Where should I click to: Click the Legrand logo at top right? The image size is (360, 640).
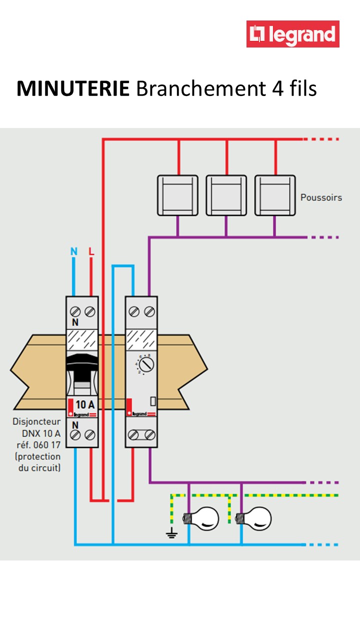click(x=292, y=34)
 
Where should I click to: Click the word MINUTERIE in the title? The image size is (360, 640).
click(x=73, y=89)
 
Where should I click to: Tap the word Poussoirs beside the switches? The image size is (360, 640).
click(x=321, y=197)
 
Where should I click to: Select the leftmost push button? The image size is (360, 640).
click(x=177, y=195)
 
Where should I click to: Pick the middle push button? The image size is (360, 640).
click(x=226, y=195)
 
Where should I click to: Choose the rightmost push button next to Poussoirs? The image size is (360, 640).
click(x=274, y=195)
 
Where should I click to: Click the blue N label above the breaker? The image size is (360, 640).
click(x=74, y=251)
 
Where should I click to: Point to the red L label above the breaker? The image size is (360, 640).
click(x=91, y=251)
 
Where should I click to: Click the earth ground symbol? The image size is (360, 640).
click(x=171, y=533)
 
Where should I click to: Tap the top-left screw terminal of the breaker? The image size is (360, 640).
click(x=75, y=312)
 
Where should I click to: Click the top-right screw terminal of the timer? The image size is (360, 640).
click(x=148, y=312)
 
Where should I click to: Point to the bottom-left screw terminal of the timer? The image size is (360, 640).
click(x=133, y=435)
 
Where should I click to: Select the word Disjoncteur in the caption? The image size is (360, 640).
click(x=36, y=421)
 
